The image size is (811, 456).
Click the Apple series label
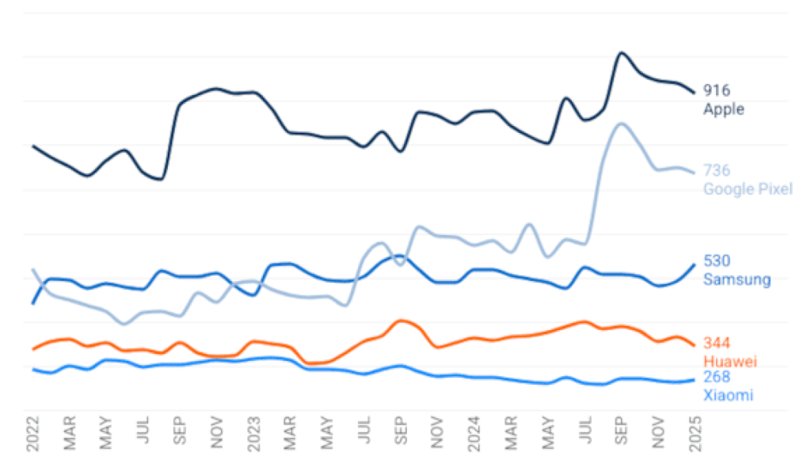point(724,109)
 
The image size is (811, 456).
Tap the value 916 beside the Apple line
point(717,91)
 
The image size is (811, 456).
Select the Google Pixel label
point(748,189)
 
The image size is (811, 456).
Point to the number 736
point(717,171)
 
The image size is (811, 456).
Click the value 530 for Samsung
point(717,261)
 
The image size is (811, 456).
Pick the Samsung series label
point(737,279)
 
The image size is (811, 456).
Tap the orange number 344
point(717,344)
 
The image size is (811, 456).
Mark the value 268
point(717,377)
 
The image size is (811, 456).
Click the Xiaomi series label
point(728,395)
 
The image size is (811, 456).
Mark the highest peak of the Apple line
point(622,53)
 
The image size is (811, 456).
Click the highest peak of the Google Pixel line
point(622,123)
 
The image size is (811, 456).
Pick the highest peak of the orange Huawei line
point(402,320)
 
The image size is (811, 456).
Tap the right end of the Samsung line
point(695,264)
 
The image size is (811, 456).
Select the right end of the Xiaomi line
point(695,380)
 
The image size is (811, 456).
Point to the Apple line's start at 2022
point(33,146)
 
